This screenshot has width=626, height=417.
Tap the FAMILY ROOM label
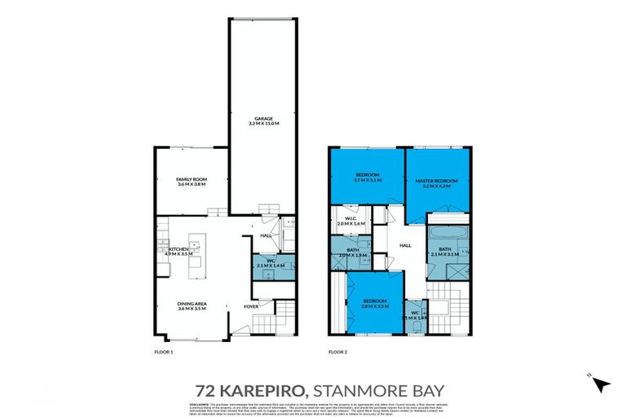tap(192, 179)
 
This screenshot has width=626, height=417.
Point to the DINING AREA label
tap(192, 303)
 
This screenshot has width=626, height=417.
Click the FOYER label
tap(253, 306)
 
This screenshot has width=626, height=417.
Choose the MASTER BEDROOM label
tap(437, 180)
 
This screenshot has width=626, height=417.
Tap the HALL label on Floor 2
tap(405, 244)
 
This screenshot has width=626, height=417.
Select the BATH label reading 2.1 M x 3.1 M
tap(444, 249)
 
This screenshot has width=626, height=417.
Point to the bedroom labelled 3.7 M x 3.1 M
tap(368, 176)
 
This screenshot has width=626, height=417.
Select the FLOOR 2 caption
tap(338, 352)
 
